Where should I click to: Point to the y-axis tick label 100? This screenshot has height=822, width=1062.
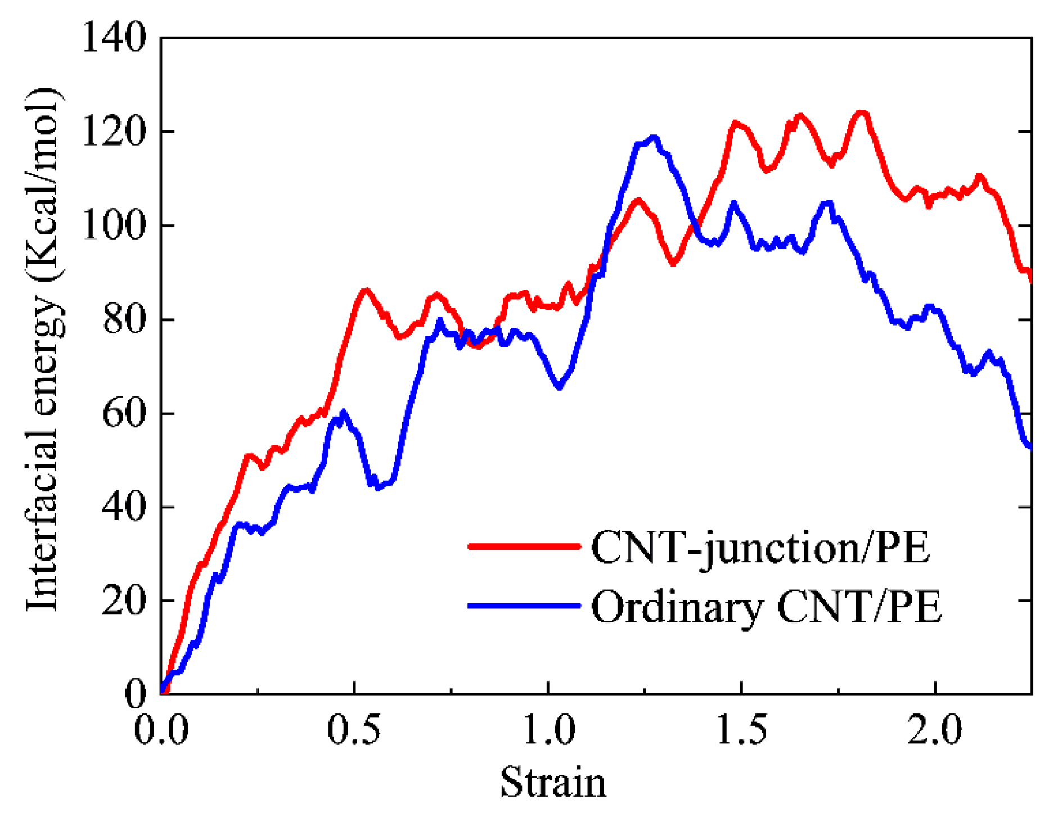[x=115, y=225]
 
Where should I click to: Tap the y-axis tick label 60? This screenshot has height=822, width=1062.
[x=124, y=413]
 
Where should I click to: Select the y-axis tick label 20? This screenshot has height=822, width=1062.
[x=124, y=600]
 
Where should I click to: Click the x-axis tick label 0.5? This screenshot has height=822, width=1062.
[x=354, y=730]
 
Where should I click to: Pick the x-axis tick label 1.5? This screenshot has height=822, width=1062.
[x=741, y=730]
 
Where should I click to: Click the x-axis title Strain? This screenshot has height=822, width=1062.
[x=553, y=782]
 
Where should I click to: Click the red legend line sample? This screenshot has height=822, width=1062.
[x=524, y=546]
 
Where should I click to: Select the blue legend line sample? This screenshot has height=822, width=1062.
[x=524, y=606]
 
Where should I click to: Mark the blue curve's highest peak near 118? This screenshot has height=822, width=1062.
[x=653, y=137]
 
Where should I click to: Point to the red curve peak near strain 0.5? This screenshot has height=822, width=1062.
[x=366, y=291]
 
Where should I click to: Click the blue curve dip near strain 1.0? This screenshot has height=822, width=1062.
[x=559, y=387]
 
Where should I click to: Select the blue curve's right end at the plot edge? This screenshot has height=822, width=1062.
[x=1030, y=447]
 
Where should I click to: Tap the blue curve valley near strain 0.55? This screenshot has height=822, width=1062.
[x=378, y=487]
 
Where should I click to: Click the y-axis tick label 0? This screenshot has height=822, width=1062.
[x=136, y=694]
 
